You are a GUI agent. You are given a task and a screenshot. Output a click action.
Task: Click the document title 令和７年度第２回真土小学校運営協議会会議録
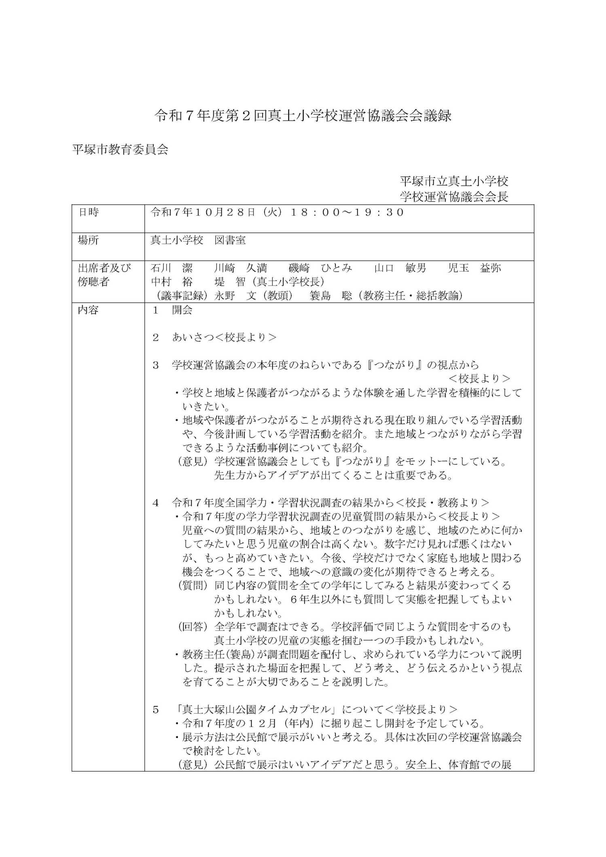[x=303, y=117]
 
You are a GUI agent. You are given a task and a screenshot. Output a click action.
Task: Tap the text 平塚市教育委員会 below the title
[x=120, y=150]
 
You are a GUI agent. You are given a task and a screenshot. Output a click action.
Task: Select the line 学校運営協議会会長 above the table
[x=454, y=197]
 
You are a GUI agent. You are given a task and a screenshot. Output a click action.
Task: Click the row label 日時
[x=88, y=212]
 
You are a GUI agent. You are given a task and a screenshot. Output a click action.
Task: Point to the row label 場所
[x=88, y=240]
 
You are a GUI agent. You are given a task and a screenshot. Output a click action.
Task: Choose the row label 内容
[x=88, y=310]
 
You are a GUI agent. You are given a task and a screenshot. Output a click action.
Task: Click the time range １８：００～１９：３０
[x=347, y=212]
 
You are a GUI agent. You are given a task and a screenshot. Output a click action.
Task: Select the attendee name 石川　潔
[x=172, y=268]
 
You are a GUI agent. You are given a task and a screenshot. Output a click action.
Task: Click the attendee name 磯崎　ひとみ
[x=320, y=268]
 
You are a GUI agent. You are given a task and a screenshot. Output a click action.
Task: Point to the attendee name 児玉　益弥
[x=475, y=268]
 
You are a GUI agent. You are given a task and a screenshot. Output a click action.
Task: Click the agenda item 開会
[x=182, y=310]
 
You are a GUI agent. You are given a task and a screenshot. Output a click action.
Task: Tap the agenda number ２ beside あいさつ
[x=156, y=337]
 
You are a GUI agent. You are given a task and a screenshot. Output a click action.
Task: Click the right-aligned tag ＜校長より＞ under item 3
[x=480, y=379]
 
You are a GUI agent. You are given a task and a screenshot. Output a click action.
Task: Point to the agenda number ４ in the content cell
[x=156, y=503]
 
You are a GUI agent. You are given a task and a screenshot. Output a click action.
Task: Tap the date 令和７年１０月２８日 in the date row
[x=203, y=212]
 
